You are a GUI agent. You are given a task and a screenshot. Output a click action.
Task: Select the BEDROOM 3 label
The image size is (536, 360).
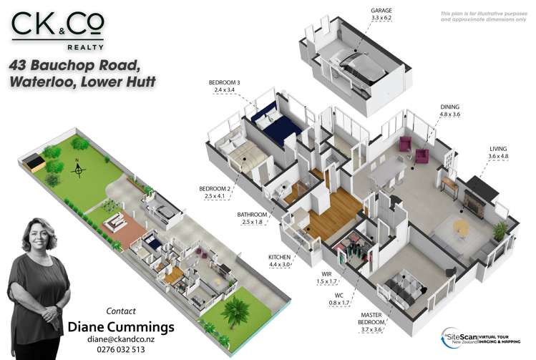pos(224,83)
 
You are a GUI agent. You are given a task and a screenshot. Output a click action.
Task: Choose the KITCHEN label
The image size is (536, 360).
pos(280,256)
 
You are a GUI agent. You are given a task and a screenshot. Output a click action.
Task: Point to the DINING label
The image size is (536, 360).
pos(449,106)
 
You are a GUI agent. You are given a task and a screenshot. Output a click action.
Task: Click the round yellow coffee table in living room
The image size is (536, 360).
pos(461,227)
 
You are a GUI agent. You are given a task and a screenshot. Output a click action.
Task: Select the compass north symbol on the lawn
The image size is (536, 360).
pos(78,170)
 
